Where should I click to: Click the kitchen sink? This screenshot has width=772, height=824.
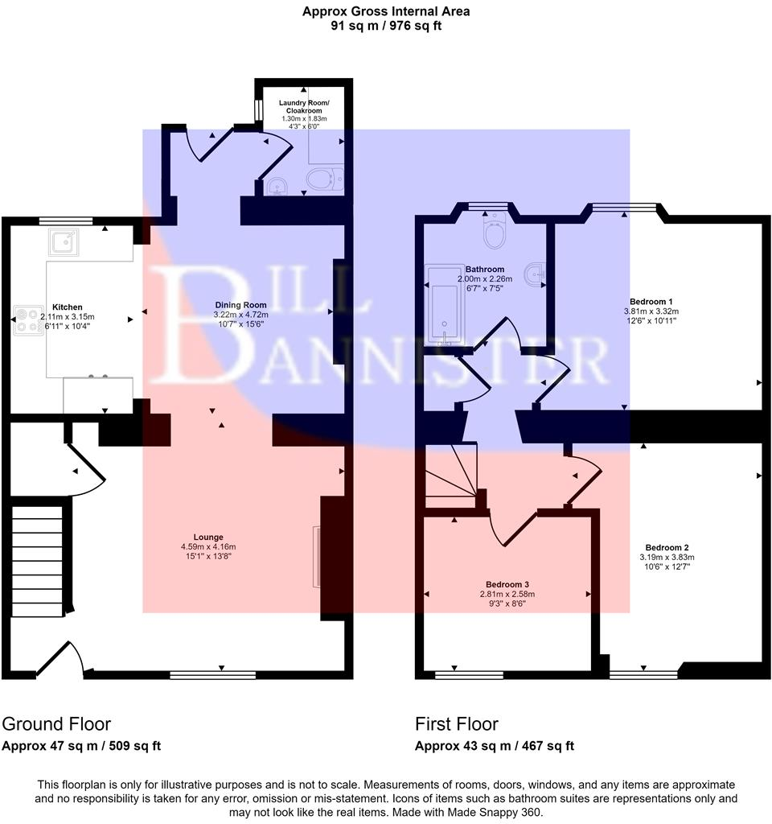(x=62, y=241)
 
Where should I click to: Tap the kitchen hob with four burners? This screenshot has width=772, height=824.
(x=28, y=320)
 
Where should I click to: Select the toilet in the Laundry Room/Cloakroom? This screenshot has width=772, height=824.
(x=324, y=179)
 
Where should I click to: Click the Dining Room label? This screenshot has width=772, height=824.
(x=240, y=305)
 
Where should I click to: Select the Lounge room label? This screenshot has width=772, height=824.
(x=207, y=537)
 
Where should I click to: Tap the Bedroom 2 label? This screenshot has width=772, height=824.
(x=666, y=546)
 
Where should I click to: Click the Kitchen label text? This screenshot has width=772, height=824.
(x=68, y=307)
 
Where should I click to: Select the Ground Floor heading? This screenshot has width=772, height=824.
(x=56, y=723)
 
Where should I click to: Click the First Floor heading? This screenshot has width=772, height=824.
(x=456, y=723)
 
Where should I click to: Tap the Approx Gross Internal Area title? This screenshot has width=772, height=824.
(x=385, y=11)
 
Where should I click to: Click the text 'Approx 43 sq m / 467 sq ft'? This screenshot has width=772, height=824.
(x=494, y=746)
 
